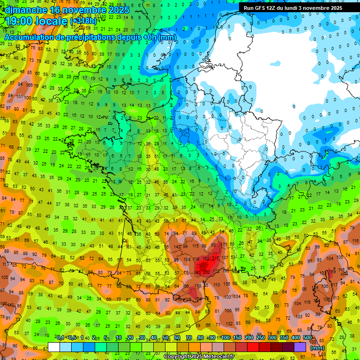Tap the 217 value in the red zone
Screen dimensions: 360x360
click(x=216, y=258)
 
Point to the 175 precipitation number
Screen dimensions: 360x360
click(x=225, y=245)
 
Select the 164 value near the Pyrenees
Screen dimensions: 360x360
click(x=198, y=299)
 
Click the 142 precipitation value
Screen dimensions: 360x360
click(x=177, y=246)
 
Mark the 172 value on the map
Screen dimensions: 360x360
click(x=216, y=271)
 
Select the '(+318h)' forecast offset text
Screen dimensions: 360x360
click(x=83, y=22)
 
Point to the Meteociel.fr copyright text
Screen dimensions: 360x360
click(x=199, y=357)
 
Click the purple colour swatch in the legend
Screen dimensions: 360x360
click(x=300, y=347)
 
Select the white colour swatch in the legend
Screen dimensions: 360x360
click(x=54, y=347)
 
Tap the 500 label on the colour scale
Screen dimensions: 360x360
click(x=307, y=338)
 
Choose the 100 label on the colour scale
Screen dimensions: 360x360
click(x=225, y=338)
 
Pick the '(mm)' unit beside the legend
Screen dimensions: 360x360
click(x=317, y=348)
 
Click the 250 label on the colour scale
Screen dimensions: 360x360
click(x=260, y=338)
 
